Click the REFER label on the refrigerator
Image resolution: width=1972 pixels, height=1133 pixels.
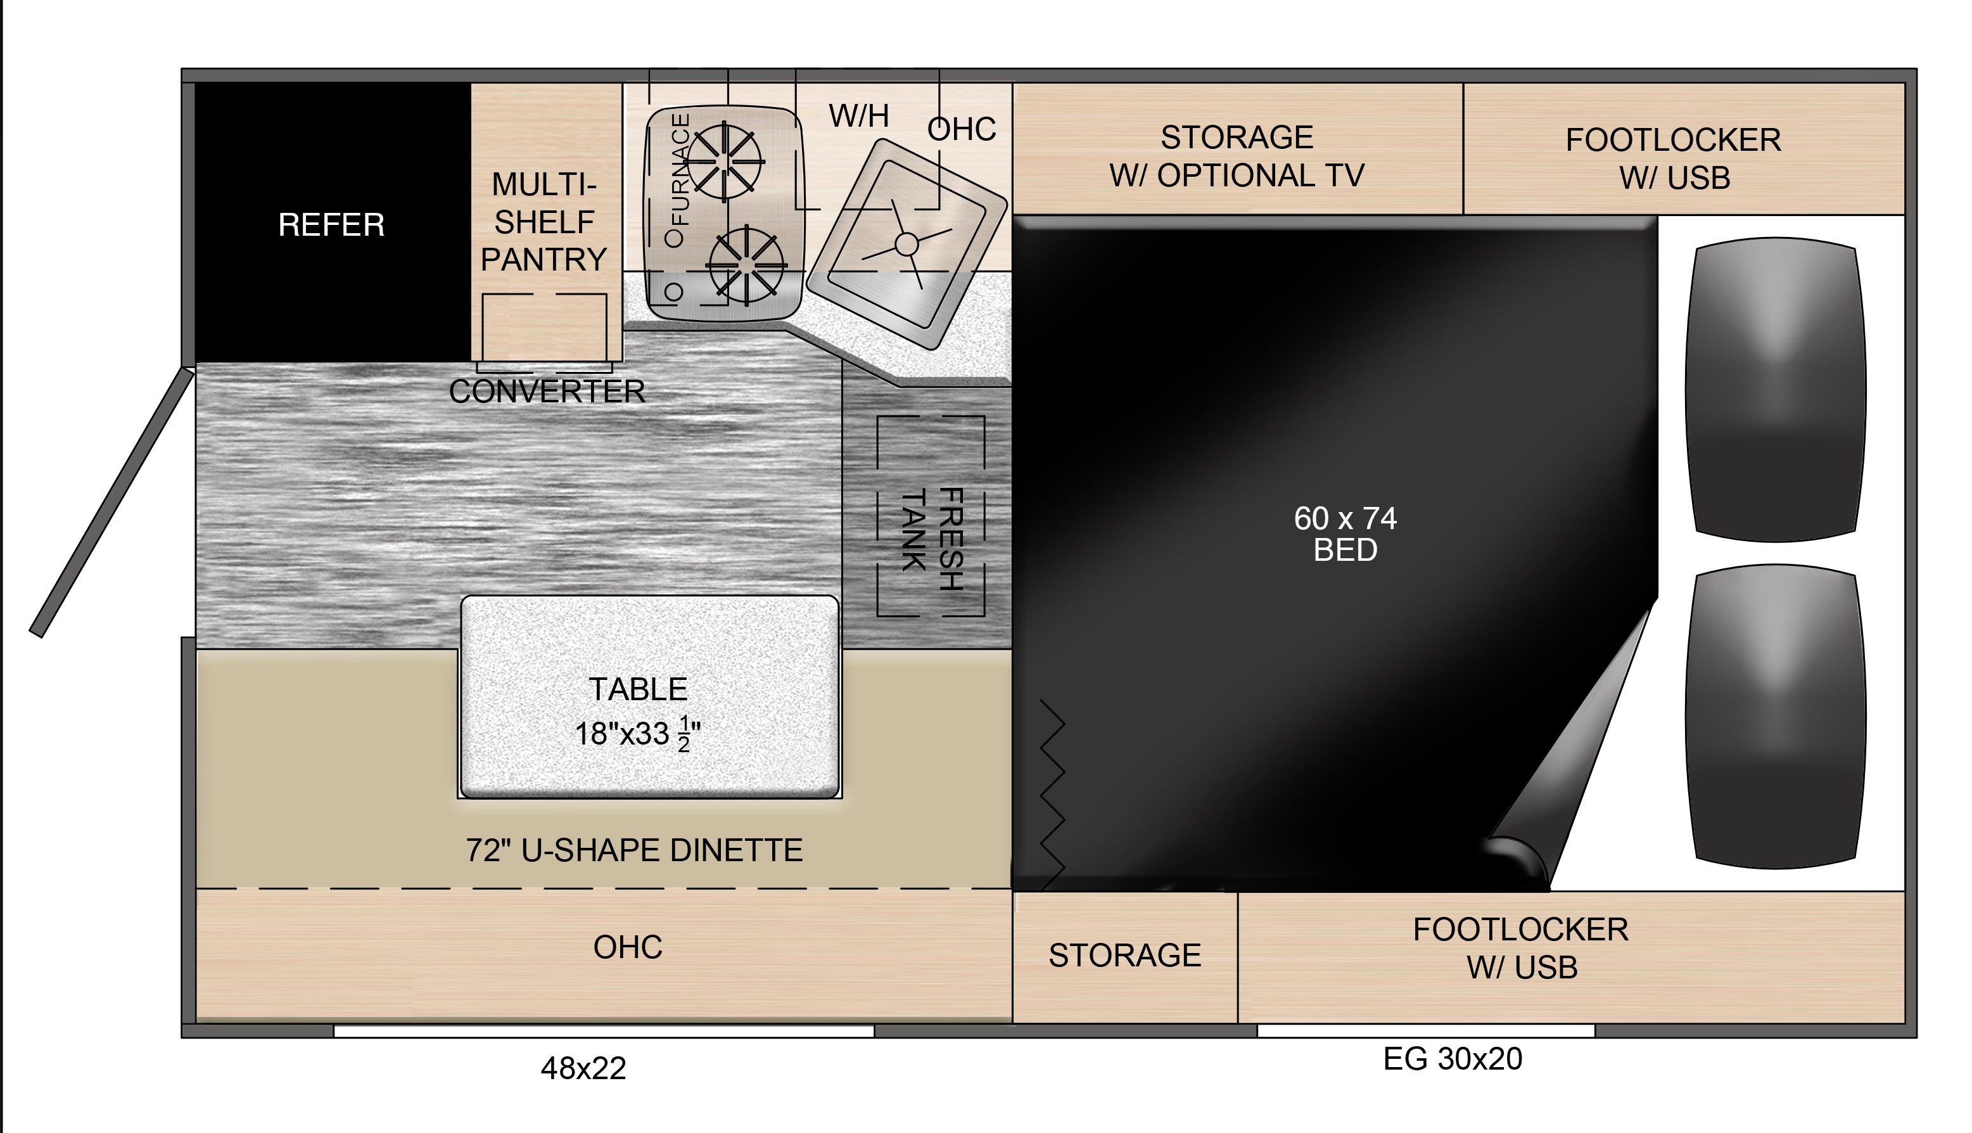pyautogui.click(x=331, y=225)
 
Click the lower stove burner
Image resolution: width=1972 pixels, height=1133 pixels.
pyautogui.click(x=746, y=263)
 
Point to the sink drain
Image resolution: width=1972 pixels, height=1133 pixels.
pyautogui.click(x=907, y=243)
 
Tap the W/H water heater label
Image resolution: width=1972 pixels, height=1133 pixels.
pyautogui.click(x=859, y=116)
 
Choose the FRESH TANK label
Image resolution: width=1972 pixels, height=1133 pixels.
pyautogui.click(x=932, y=538)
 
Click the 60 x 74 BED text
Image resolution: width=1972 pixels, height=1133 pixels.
pyautogui.click(x=1345, y=534)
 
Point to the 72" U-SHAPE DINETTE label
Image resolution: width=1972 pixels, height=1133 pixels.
pyautogui.click(x=634, y=850)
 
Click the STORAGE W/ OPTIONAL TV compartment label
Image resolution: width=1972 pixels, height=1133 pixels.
pyautogui.click(x=1237, y=157)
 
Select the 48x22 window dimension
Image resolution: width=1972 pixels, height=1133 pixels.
pyautogui.click(x=583, y=1069)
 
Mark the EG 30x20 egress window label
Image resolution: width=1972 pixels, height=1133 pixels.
pyautogui.click(x=1453, y=1059)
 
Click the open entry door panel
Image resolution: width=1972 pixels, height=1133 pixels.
pyautogui.click(x=111, y=502)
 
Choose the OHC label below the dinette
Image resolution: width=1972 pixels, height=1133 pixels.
pyautogui.click(x=628, y=947)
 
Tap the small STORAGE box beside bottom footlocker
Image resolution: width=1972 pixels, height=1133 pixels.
pyautogui.click(x=1125, y=956)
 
